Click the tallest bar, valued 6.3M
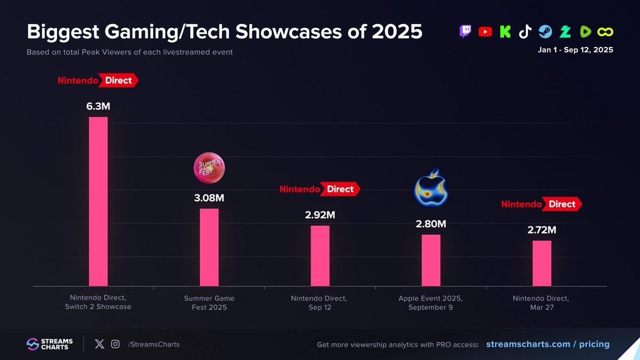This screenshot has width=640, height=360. (98, 202)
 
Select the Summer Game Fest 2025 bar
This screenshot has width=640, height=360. (209, 247)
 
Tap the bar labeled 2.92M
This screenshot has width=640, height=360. (320, 255)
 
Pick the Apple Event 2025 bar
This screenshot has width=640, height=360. (431, 260)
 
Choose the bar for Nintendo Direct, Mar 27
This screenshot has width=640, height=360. (542, 263)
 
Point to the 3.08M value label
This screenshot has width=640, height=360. (209, 198)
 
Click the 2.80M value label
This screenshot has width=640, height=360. (431, 224)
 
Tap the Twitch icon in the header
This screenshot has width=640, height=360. (466, 31)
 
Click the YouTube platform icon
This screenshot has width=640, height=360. (485, 31)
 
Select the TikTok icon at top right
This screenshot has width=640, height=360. (525, 31)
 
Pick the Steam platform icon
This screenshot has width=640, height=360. (545, 31)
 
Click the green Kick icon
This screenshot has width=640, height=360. (505, 31)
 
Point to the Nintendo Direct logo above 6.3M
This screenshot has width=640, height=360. (98, 81)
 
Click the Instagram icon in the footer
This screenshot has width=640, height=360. (115, 344)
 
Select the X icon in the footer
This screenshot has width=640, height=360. (99, 344)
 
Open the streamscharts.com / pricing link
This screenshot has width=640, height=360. (548, 344)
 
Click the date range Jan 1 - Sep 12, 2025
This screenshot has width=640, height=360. (575, 50)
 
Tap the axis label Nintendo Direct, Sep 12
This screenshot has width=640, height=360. (319, 302)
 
